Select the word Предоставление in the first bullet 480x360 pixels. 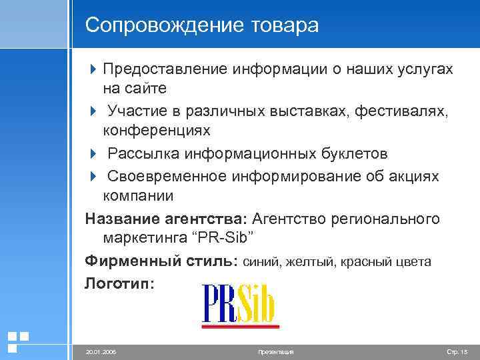(166, 69)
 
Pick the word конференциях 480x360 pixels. (156, 130)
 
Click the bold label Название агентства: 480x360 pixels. (166, 219)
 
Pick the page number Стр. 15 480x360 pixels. (456, 351)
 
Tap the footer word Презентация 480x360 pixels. (275, 351)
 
